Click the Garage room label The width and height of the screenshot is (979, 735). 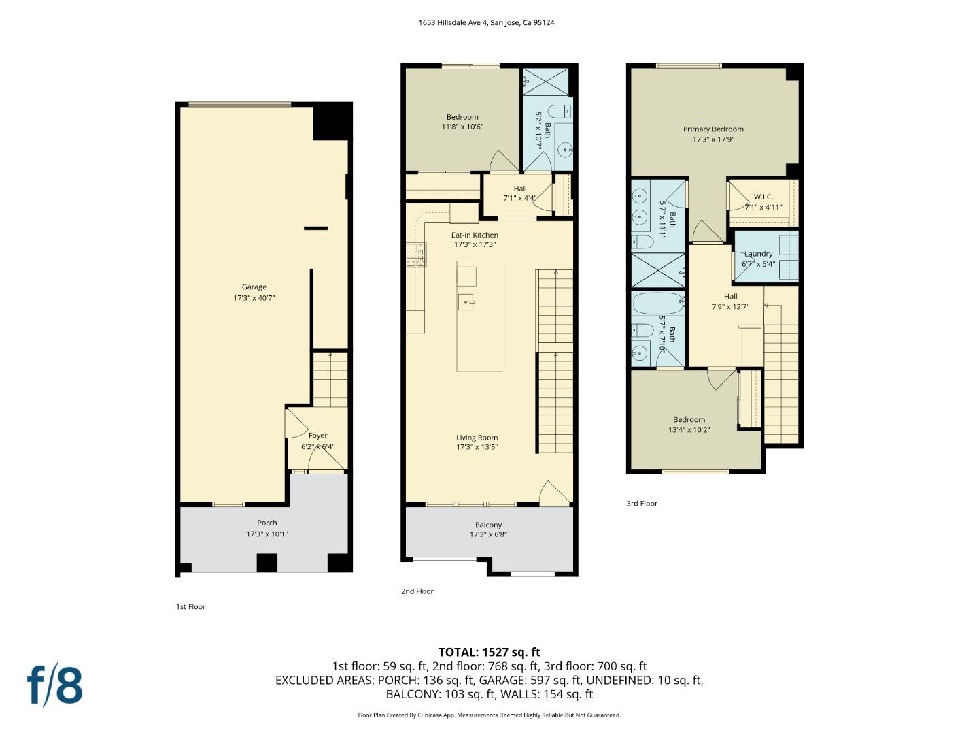254,287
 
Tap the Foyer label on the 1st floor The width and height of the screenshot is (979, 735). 317,435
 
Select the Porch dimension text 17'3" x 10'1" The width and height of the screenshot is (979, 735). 267,534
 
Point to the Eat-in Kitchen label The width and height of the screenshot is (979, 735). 475,235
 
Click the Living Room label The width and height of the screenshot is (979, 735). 477,438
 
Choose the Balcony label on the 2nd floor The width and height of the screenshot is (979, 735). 488,525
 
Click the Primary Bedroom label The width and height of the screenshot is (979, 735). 713,129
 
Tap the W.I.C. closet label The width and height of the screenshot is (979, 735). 763,197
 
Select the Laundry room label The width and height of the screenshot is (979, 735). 758,253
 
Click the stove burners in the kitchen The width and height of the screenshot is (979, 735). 415,255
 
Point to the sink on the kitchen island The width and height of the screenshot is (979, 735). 466,302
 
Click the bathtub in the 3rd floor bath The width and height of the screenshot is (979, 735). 658,304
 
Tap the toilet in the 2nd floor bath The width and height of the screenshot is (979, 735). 559,111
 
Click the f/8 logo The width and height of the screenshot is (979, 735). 55,687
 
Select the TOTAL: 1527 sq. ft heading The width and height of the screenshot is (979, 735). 489,652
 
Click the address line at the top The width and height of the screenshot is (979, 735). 486,22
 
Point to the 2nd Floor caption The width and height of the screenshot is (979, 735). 417,591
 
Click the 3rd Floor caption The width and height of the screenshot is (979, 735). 642,504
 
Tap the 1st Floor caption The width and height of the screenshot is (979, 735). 190,607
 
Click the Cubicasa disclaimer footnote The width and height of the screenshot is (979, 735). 489,715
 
